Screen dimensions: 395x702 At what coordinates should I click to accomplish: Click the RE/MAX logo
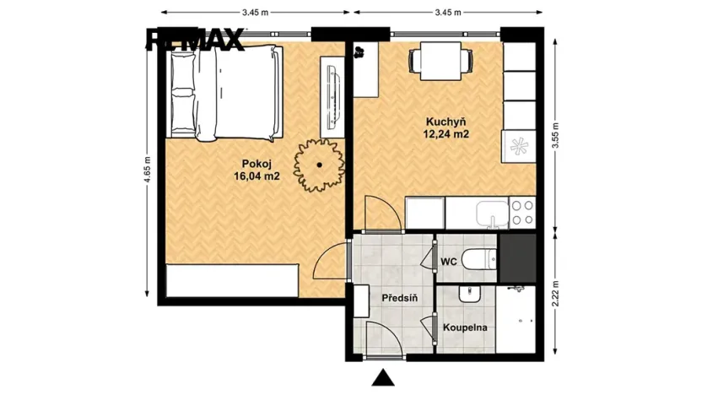click(x=195, y=39)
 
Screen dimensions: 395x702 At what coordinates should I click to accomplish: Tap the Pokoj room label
click(x=256, y=164)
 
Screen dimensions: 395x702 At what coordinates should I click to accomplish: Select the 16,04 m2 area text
click(x=256, y=176)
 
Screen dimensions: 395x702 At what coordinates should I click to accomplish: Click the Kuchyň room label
click(x=446, y=121)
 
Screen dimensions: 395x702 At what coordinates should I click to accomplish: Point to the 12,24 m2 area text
click(x=446, y=133)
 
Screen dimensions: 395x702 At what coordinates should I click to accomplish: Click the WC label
click(x=448, y=262)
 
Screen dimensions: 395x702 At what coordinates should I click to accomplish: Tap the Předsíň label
click(x=397, y=299)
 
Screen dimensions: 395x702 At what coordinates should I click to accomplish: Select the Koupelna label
click(x=464, y=327)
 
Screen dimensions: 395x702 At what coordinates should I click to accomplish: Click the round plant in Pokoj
click(x=320, y=163)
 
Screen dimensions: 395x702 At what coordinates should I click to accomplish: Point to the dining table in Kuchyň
click(x=440, y=61)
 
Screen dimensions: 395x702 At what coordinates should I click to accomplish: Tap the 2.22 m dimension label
click(x=555, y=295)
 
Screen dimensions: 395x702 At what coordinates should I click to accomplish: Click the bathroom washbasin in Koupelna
click(x=468, y=295)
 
